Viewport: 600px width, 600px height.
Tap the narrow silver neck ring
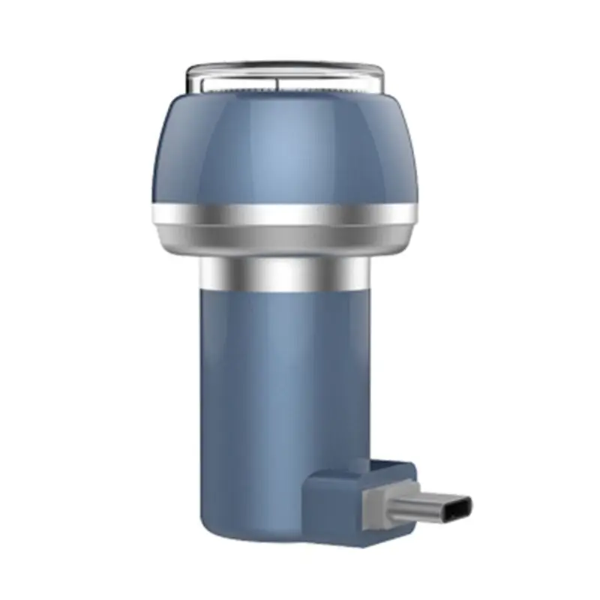point(285,274)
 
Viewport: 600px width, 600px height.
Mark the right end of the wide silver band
point(413,214)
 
